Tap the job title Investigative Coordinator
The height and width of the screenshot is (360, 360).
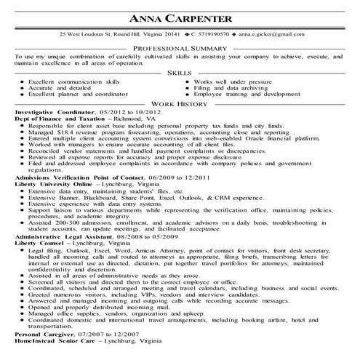tap(55, 114)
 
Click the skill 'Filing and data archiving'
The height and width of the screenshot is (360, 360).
tap(231, 89)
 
